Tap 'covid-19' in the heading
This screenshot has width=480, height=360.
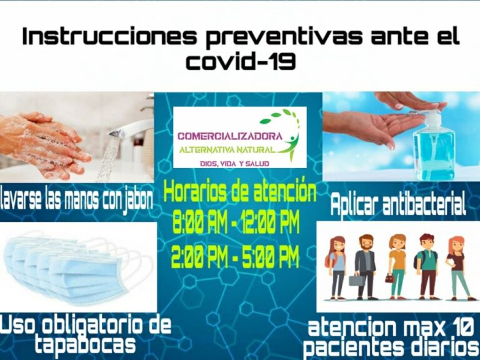point(241,61)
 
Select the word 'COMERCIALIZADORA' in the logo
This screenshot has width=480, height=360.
point(230,136)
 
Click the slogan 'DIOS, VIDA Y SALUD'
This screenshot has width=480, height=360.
point(234,164)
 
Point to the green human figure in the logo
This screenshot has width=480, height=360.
point(290,146)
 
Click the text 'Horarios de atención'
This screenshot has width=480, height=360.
point(240,191)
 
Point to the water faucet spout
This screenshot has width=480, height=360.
point(131,129)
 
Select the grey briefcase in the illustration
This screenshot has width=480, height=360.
point(357,280)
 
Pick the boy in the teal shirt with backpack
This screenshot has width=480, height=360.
point(427,266)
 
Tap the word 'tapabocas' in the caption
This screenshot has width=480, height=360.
point(85,344)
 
